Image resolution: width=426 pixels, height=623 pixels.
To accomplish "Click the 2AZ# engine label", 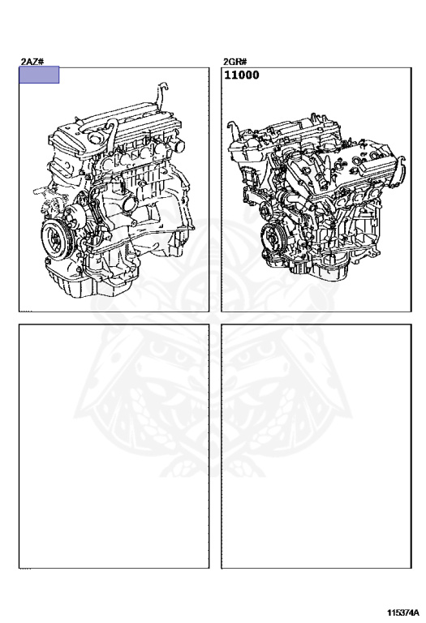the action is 32,61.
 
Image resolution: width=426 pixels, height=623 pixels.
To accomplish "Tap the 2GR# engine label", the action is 235,62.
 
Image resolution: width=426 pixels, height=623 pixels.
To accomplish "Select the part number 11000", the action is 242,75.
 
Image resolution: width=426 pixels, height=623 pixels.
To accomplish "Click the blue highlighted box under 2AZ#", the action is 39,75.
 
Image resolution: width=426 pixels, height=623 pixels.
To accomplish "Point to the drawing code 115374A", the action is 403,612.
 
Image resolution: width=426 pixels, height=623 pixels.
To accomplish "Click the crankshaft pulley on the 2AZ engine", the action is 56,240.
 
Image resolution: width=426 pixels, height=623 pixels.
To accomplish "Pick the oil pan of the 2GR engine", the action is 329,271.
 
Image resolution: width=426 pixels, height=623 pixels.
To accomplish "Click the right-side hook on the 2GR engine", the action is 402,163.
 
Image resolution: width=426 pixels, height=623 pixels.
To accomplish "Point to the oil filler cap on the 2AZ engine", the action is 95,137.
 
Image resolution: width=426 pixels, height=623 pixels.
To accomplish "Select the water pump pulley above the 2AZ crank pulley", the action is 73,217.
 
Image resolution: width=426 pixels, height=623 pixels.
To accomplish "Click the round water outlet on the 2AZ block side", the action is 130,205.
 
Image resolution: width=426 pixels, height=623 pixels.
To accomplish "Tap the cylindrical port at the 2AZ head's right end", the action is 179,145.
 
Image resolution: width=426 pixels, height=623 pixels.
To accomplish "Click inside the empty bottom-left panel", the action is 114,446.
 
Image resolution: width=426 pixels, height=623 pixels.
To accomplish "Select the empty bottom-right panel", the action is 316,446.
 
